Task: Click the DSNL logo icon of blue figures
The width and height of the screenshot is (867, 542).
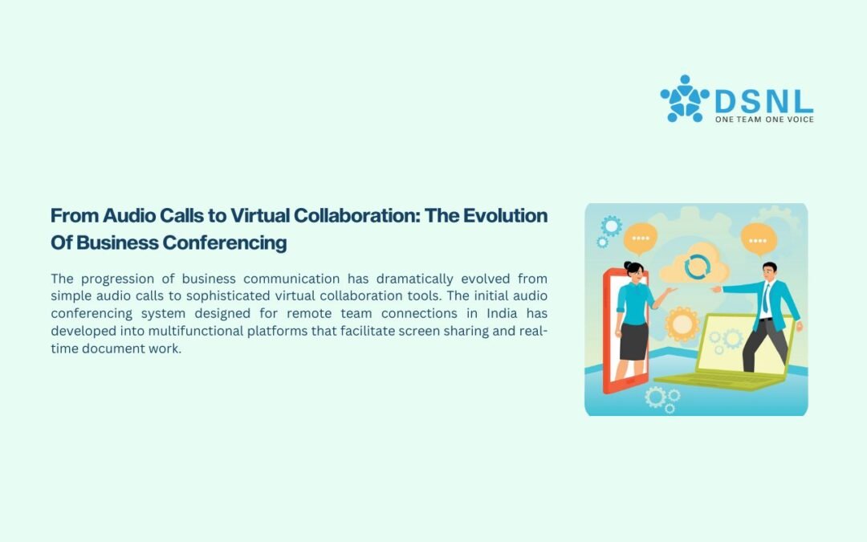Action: (x=685, y=99)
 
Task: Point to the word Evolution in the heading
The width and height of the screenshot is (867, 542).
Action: (x=506, y=215)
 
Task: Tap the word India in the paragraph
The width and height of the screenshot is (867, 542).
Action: (x=502, y=314)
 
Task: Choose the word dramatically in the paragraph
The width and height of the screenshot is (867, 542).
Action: (x=415, y=279)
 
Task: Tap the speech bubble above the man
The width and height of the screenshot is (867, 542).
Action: (x=759, y=240)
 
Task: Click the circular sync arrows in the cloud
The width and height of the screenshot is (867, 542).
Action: (x=697, y=267)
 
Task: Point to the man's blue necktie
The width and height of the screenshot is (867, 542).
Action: (x=767, y=298)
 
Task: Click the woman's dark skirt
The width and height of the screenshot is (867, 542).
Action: (x=633, y=341)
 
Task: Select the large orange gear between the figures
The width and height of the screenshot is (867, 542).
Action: (x=682, y=324)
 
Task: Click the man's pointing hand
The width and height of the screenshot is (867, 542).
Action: (x=716, y=289)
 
